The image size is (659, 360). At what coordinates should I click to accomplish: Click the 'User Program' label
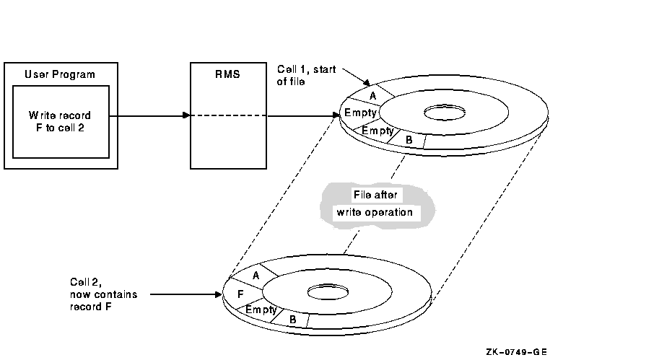pos(60,74)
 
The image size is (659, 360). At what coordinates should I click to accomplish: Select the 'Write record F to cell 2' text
pos(60,121)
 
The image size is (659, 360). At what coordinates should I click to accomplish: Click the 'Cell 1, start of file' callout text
pos(306,75)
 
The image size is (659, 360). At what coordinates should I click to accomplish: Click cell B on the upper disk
pos(409,139)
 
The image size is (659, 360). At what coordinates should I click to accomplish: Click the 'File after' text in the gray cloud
pos(375,195)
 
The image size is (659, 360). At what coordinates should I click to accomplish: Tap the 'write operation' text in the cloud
pos(375,212)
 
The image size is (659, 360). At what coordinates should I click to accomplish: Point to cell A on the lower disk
pos(256,276)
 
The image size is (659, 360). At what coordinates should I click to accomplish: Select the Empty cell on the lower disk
pos(261,309)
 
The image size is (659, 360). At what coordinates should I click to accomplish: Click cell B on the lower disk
pos(293,318)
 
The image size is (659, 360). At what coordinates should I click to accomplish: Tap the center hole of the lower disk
pos(328,293)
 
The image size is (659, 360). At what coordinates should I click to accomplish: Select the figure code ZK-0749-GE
pos(516,352)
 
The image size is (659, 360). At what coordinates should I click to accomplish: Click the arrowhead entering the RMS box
pos(186,115)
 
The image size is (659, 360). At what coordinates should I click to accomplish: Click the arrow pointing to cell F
pos(188,294)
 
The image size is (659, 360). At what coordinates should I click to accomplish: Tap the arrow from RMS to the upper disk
pos(303,115)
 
